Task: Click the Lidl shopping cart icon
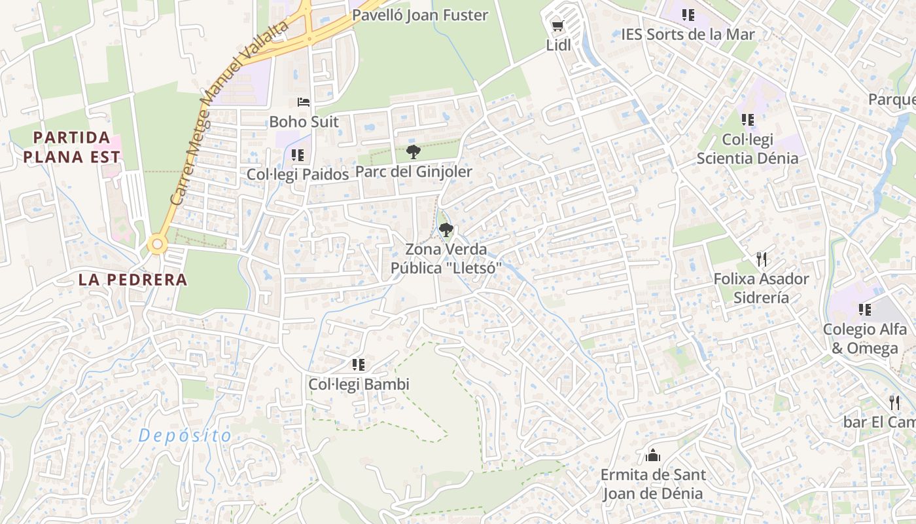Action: (557, 26)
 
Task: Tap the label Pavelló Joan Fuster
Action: (420, 15)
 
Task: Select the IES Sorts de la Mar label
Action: (688, 34)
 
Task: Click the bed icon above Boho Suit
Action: (304, 102)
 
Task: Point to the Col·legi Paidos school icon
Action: (298, 155)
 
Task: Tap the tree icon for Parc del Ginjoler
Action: (413, 152)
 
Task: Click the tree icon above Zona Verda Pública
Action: (446, 230)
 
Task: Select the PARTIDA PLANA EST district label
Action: (72, 147)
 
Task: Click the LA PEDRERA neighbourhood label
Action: (133, 280)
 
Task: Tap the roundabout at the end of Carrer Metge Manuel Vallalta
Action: (157, 245)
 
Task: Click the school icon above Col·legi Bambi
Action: (358, 365)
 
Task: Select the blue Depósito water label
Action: (185, 436)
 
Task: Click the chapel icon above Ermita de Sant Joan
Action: (652, 455)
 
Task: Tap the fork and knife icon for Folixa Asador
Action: (761, 259)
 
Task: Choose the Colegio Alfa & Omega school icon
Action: (865, 310)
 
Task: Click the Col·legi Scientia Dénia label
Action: (747, 149)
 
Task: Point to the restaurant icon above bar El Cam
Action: (894, 403)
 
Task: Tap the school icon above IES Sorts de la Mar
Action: (688, 14)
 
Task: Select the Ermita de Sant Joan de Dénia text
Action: (652, 484)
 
